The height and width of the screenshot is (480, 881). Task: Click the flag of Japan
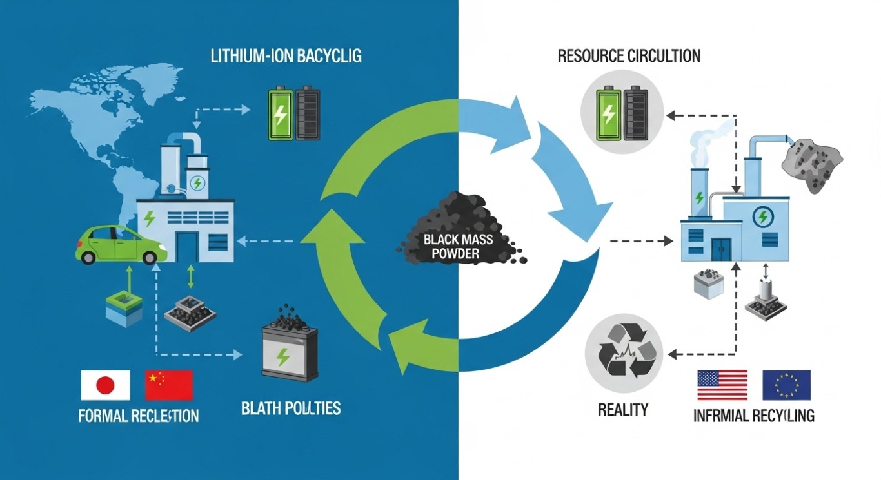(105, 385)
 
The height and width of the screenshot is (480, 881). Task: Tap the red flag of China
(169, 385)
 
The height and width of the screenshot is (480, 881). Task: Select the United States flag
(722, 385)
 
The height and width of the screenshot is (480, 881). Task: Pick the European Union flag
(786, 385)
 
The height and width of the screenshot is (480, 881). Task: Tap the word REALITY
(622, 409)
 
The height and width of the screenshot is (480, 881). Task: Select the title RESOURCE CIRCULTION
(629, 56)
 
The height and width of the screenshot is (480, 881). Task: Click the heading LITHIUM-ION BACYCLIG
(286, 56)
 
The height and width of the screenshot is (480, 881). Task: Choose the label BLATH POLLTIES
(291, 408)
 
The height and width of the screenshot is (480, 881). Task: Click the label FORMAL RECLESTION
(138, 416)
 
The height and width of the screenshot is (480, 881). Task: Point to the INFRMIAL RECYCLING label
(753, 416)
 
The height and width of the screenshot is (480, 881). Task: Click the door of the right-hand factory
(721, 250)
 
